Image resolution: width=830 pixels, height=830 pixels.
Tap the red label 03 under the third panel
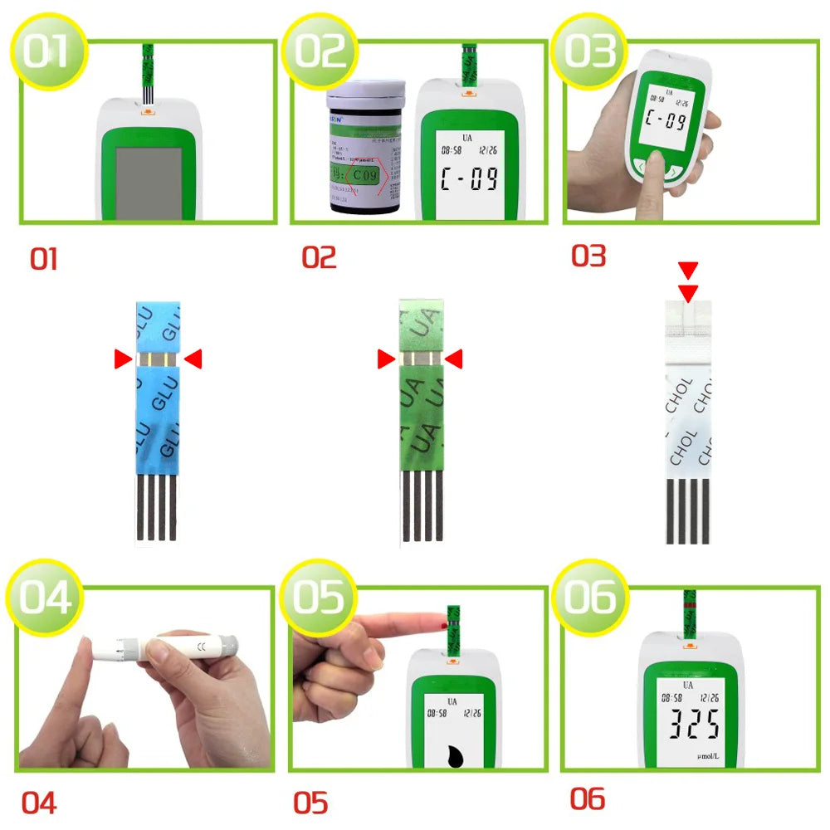coord(588,256)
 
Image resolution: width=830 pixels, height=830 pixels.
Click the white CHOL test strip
coord(688,415)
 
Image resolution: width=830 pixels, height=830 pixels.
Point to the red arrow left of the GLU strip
coord(123,359)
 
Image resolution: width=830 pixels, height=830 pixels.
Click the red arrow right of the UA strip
coord(453,359)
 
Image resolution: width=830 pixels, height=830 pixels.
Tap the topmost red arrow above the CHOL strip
coord(688,269)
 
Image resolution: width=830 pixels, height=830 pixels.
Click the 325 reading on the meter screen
coord(688,725)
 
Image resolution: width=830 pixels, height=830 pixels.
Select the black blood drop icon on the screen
coord(455,755)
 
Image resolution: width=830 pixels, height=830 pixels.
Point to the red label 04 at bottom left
coord(39,803)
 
